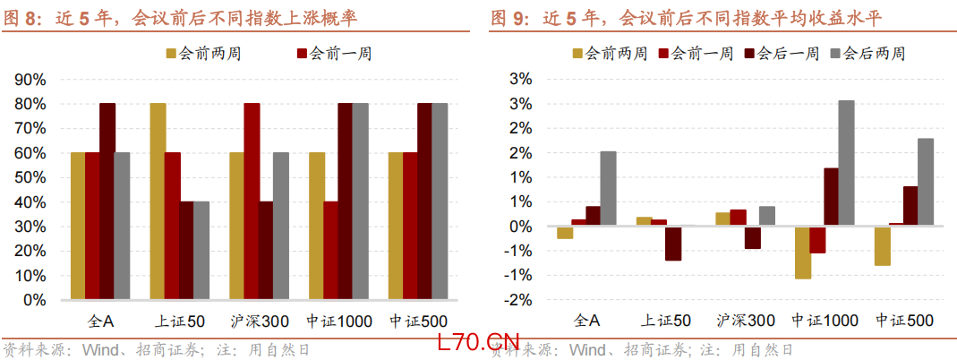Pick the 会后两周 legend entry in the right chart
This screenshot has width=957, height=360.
pos(867,54)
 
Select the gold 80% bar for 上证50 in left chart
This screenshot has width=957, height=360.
pos(158,201)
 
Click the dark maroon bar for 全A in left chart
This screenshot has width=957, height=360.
pos(107,201)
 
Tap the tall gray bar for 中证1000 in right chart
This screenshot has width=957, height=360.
pos(846,163)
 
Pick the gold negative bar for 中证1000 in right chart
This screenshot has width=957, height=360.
pos(802,253)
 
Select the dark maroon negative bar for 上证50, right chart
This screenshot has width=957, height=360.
pos(673,244)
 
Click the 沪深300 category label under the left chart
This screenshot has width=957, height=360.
pos(259,321)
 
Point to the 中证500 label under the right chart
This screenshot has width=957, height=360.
pos(904,321)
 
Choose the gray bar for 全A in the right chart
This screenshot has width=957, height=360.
pos(608,188)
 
